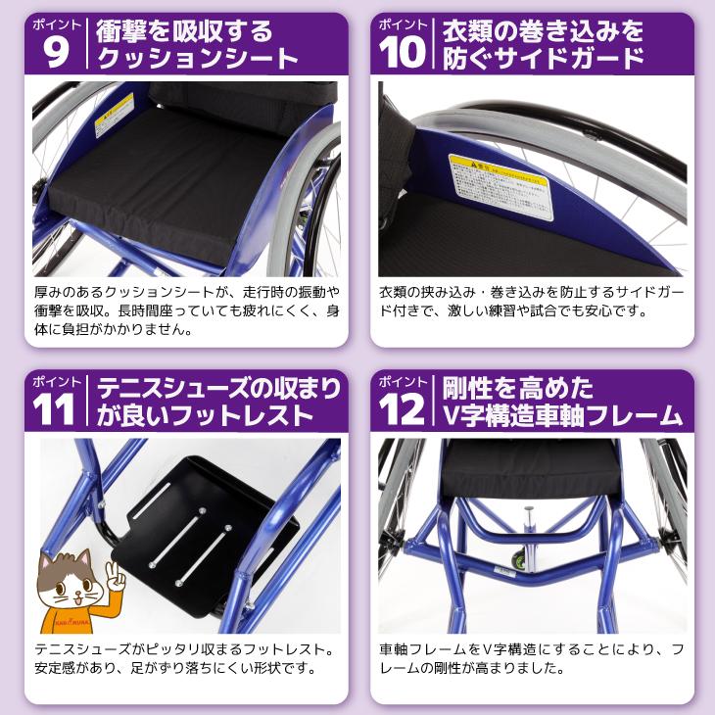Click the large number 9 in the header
tap(56, 53)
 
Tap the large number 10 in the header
tap(404, 53)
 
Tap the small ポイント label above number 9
tap(55, 22)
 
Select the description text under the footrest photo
tap(182, 660)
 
